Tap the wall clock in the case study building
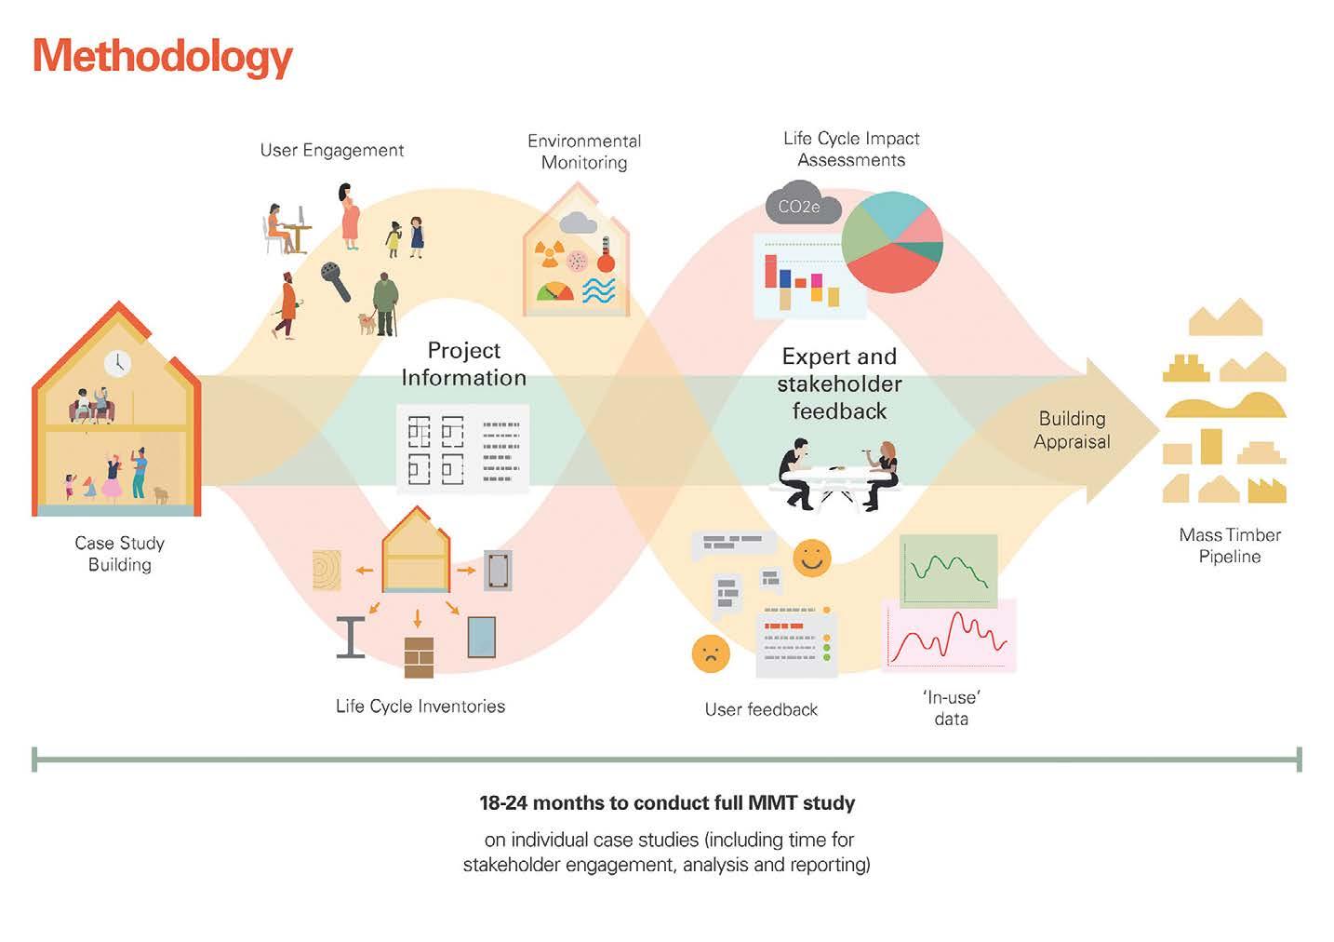tap(117, 363)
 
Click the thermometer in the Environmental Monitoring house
tap(605, 253)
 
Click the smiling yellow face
tap(811, 558)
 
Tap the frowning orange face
tap(711, 653)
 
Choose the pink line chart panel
tap(948, 635)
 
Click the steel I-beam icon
tap(351, 637)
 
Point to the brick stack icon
tap(419, 656)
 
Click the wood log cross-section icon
tap(327, 570)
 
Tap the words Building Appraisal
tap(1072, 430)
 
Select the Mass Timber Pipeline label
tap(1229, 545)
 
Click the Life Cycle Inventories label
tap(420, 706)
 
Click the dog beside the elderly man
tap(367, 323)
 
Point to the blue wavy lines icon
tap(598, 291)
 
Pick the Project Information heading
tap(463, 364)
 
